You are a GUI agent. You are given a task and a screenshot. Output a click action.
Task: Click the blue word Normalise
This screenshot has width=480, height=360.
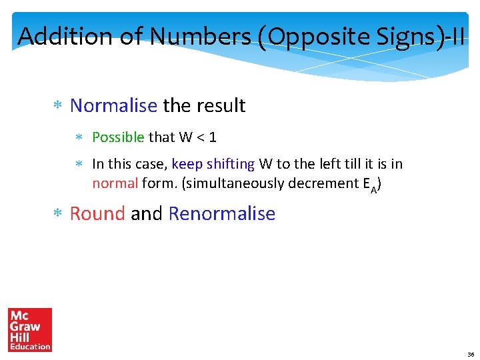pos(113,105)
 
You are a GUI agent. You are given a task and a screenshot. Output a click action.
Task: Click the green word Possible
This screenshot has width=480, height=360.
pos(118,137)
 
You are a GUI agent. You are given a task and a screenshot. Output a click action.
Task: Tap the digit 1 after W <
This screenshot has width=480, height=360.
pos(213,137)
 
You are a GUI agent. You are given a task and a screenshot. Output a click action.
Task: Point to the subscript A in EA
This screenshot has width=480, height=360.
pos(373,188)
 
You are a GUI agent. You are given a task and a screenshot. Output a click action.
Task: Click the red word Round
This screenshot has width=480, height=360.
pos(97,213)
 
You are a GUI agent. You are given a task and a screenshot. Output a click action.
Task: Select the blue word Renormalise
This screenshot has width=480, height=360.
pos(222,213)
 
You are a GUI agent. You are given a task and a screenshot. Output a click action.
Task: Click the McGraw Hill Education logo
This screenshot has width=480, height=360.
pos(30,329)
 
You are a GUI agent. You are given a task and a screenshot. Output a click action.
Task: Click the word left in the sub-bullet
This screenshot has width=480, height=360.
pos(329,164)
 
